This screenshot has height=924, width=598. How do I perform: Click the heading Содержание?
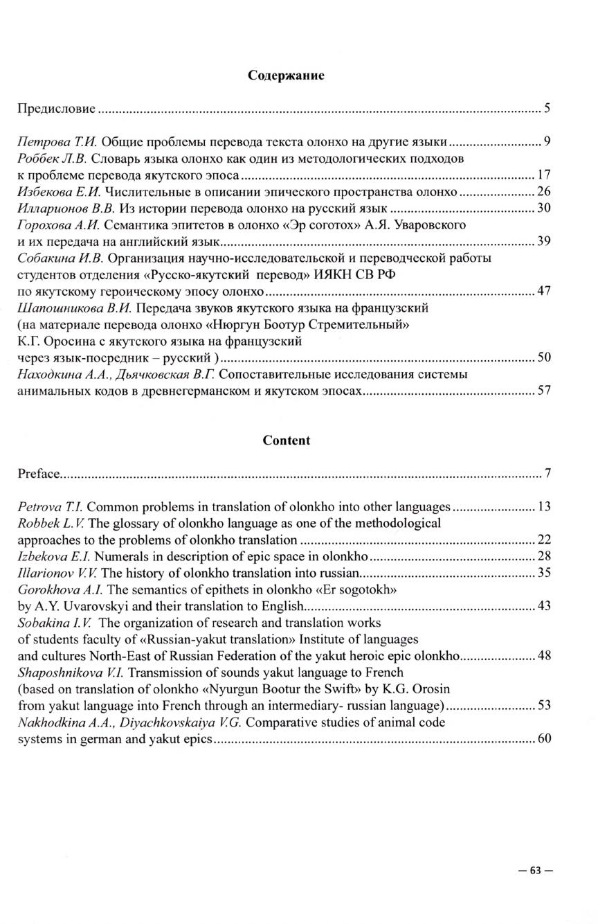coord(286,75)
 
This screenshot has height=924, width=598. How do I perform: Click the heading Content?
coord(287,441)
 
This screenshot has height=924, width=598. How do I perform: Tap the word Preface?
coord(39,474)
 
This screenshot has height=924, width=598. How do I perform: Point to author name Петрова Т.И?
coord(48,143)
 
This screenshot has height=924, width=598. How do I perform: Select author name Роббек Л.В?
coord(46,159)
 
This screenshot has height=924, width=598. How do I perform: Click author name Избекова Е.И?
coord(50,192)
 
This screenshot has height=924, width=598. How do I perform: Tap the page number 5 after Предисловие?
coord(547,109)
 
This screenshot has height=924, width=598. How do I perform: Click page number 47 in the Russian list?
coord(543,291)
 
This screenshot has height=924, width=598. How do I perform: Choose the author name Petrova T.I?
coord(50,507)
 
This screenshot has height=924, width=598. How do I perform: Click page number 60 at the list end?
coord(543,739)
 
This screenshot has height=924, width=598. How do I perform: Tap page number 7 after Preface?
coord(547,474)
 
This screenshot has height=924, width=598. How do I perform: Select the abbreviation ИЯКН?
coord(334,275)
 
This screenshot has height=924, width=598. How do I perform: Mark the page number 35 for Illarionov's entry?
coord(543,574)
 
